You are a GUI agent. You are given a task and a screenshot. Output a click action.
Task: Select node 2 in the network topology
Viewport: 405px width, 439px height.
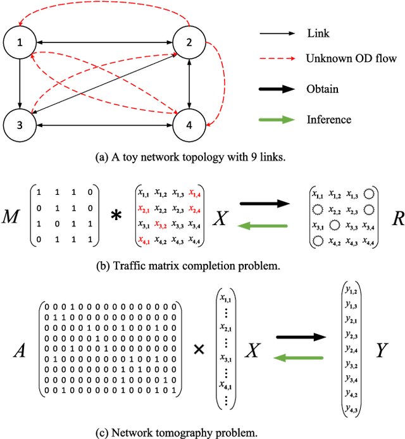[189, 43]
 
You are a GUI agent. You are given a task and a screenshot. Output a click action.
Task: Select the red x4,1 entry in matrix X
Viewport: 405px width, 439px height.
[146, 240]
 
